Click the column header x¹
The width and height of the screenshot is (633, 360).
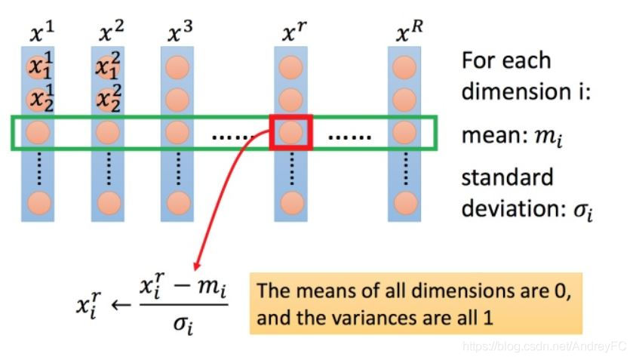coord(41,31)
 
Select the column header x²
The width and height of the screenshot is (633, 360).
coord(110,31)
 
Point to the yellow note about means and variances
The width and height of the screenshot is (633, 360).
coord(416,303)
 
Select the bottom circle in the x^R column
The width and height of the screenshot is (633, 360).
coord(405,202)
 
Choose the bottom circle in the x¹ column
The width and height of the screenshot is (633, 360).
coord(39,202)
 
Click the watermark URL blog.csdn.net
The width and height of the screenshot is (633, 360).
coord(528,346)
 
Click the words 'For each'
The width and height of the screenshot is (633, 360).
coord(505,60)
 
